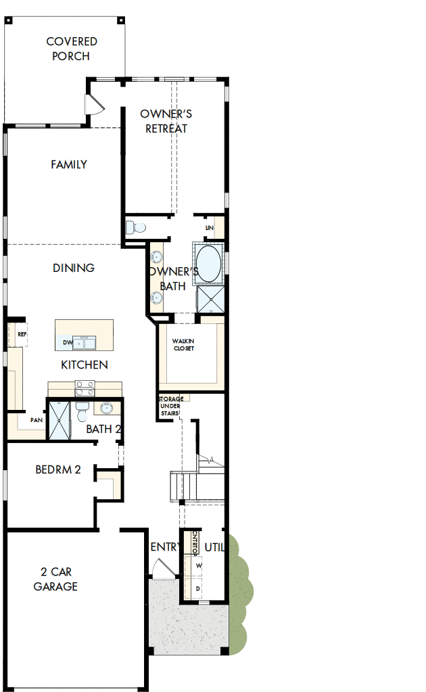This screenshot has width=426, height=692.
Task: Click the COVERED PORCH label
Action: [72, 49]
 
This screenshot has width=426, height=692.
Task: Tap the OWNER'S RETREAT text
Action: [166, 121]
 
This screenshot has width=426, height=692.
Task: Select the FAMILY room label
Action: [69, 164]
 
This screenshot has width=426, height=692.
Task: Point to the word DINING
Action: [74, 268]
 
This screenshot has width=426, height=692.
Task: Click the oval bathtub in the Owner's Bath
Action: [208, 264]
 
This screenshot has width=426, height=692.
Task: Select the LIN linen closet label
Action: [210, 229]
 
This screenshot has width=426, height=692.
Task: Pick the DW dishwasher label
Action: [68, 343]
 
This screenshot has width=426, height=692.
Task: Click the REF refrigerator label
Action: [22, 334]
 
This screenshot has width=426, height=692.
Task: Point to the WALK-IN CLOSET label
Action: [183, 344]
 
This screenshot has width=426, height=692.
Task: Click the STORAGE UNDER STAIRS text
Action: [170, 407]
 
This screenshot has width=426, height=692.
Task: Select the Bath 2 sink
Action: [106, 408]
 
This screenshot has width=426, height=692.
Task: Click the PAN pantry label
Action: [36, 420]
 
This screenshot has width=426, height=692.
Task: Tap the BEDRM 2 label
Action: [58, 469]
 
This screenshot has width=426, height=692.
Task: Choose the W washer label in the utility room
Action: [199, 565]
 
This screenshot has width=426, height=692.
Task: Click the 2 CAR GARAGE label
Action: [56, 580]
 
